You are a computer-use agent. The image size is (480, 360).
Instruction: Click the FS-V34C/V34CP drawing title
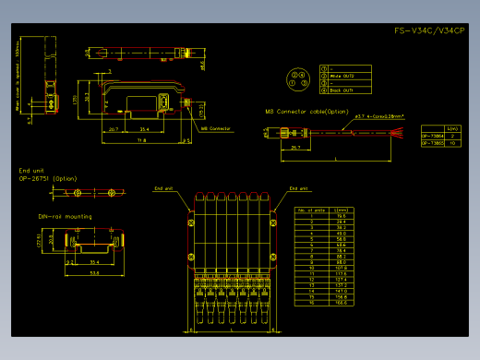coord(429,31)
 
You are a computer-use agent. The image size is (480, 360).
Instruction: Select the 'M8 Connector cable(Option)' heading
coord(307,112)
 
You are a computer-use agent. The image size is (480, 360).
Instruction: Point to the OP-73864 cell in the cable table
coord(432,136)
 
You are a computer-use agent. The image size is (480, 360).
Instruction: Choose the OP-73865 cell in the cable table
coord(432,143)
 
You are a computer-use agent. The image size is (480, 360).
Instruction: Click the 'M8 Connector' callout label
coord(215,128)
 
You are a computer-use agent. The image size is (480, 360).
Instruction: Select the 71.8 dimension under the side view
coord(141,141)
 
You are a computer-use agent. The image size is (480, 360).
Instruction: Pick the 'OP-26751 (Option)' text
coord(48,178)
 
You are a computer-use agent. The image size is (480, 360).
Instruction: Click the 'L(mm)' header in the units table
coord(339,210)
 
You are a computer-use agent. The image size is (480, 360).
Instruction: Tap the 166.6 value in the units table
coord(339,302)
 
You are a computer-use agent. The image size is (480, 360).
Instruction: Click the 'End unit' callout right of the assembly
coord(299,187)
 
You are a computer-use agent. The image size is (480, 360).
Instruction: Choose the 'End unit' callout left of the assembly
coord(163,187)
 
